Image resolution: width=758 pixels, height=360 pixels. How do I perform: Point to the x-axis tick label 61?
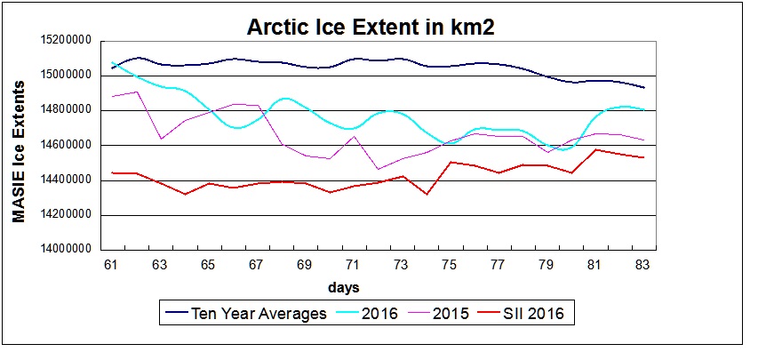[x=113, y=265]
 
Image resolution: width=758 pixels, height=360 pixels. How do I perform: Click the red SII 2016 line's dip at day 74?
[x=427, y=194]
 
